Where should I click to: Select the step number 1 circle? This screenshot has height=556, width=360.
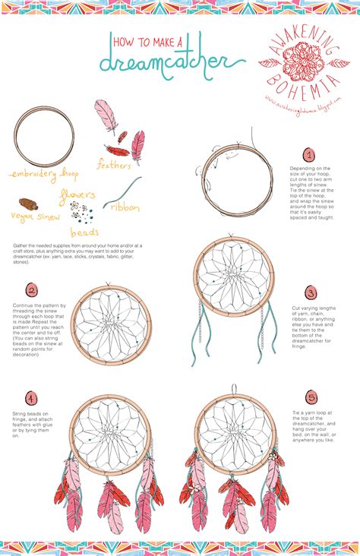[308, 155]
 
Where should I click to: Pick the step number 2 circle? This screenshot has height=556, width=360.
[31, 289]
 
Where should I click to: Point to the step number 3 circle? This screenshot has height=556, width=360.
[311, 292]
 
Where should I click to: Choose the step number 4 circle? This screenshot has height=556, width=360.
[31, 398]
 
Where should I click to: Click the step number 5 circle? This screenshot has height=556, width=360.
[311, 397]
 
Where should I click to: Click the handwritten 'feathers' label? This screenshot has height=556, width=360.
[114, 163]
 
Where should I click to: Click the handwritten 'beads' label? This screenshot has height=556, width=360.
[84, 232]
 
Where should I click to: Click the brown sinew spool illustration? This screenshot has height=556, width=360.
[30, 204]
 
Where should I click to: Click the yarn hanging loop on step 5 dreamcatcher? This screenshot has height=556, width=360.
[235, 390]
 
